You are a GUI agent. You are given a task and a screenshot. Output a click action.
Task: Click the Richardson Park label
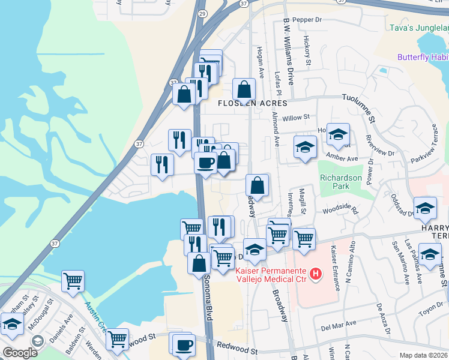[341, 182]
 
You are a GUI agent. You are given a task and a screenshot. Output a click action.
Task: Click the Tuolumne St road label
[358, 105]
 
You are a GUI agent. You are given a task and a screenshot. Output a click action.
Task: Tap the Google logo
[20, 353]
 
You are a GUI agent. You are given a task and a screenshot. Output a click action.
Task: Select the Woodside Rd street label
[340, 212]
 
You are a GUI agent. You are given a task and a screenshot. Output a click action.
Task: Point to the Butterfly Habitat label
[423, 57]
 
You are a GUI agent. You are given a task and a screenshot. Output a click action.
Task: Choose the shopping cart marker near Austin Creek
[73, 280]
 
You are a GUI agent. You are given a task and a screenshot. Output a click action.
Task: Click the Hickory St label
[307, 52]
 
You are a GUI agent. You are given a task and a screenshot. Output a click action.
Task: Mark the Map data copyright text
[423, 355]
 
